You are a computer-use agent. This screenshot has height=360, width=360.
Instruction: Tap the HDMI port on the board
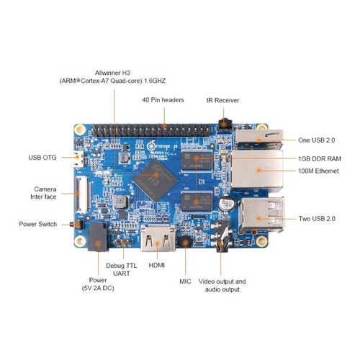pyautogui.click(x=158, y=238)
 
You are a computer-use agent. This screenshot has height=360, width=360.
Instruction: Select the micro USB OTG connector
pyautogui.click(x=77, y=160)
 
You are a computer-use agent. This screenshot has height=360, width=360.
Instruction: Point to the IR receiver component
pyautogui.click(x=224, y=125)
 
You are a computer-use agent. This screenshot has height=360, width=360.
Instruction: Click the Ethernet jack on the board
pyautogui.click(x=257, y=170)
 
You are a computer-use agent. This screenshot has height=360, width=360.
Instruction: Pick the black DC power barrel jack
pyautogui.click(x=98, y=238)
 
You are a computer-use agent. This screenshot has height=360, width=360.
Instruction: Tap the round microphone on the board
pyautogui.click(x=185, y=242)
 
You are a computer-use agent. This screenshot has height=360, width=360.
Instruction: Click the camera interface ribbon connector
pyautogui.click(x=82, y=194)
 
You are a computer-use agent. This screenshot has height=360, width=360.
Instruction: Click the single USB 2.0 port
pyautogui.click(x=259, y=139)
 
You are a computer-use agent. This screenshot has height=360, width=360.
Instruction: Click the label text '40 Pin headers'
pyautogui.click(x=163, y=100)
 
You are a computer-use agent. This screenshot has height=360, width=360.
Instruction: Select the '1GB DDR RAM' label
pyautogui.click(x=320, y=158)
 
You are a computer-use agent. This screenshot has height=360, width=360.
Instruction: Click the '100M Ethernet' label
pyautogui.click(x=318, y=171)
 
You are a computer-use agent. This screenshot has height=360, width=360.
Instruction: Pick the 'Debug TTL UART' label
pyautogui.click(x=122, y=269)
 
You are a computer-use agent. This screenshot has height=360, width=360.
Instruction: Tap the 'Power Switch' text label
pyautogui.click(x=38, y=224)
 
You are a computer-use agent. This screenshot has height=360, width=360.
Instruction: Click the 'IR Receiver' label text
pyautogui.click(x=222, y=100)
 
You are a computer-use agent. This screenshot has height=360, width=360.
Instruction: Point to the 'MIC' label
pyautogui.click(x=185, y=282)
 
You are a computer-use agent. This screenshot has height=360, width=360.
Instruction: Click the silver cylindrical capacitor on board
pyautogui.click(x=226, y=204)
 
